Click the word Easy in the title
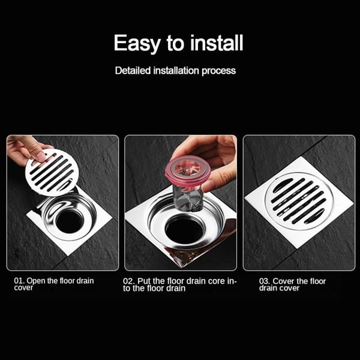tap(137, 44)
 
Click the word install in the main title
tap(217, 43)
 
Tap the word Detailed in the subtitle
tap(133, 70)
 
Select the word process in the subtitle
tap(218, 71)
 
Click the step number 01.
tap(19, 281)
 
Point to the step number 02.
tap(128, 281)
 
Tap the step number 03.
tap(265, 281)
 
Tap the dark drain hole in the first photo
tap(70, 221)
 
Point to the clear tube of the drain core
tap(188, 198)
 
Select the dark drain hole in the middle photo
tap(185, 231)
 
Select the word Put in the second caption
tap(143, 281)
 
